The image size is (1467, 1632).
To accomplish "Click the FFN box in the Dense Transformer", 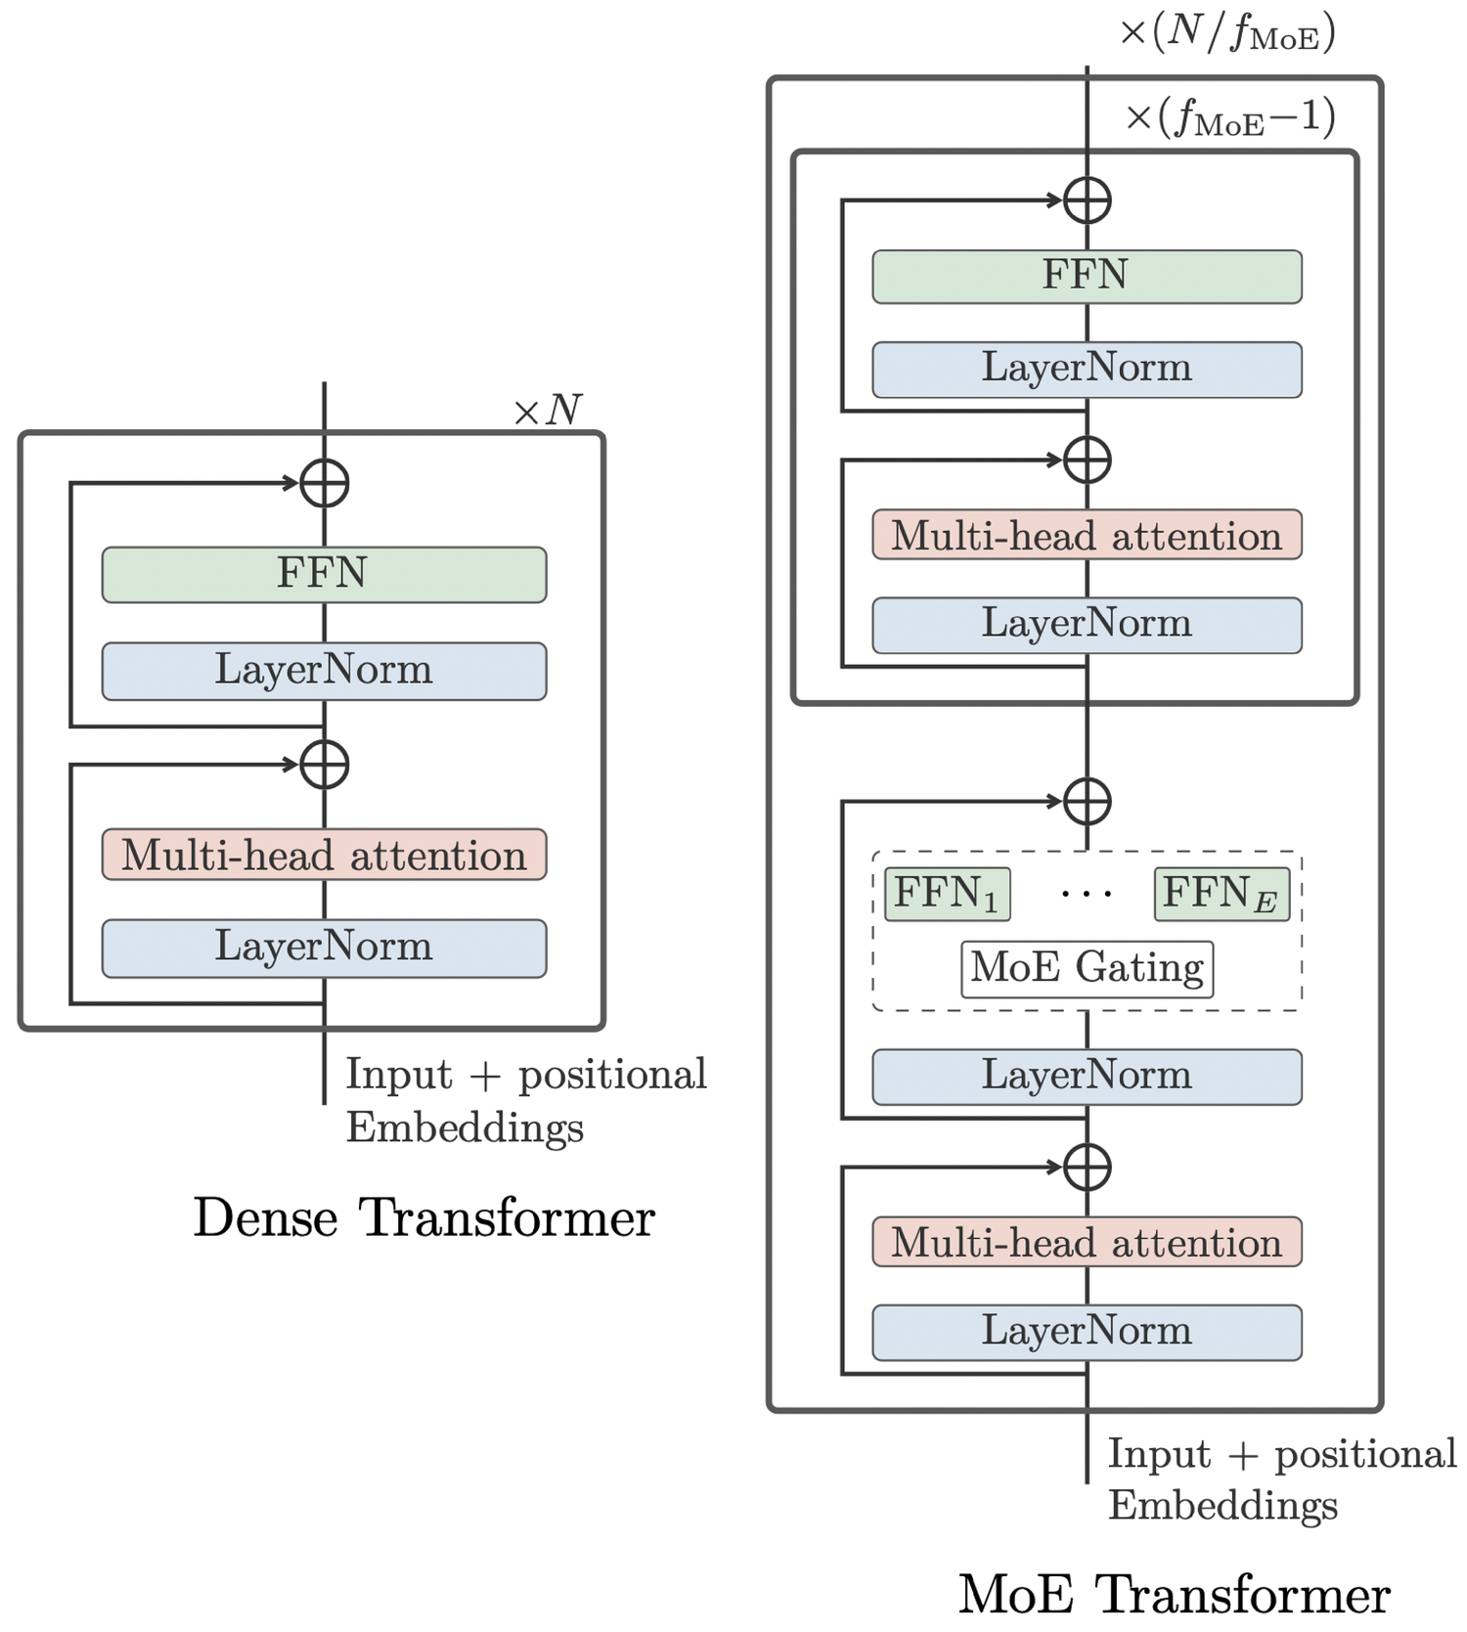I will click(324, 574).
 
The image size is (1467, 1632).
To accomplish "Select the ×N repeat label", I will click(548, 411).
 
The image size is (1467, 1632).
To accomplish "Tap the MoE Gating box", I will click(1087, 968).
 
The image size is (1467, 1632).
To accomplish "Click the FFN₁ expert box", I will click(947, 894).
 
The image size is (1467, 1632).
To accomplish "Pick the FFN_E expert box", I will click(1221, 894).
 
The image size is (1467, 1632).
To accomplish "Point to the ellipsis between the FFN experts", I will click(1086, 894).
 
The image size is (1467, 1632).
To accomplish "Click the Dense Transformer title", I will click(423, 1217).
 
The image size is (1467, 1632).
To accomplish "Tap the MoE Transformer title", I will click(1174, 1594).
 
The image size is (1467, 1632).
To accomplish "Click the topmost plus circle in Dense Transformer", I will click(325, 483).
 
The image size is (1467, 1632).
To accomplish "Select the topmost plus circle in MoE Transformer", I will click(1087, 201).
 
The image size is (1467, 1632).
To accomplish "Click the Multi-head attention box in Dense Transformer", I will click(324, 855).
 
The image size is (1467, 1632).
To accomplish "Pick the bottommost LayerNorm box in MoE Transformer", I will click(1087, 1332).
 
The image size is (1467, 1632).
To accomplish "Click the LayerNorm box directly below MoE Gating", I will click(1087, 1077).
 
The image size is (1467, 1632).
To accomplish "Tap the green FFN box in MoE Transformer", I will click(1087, 276).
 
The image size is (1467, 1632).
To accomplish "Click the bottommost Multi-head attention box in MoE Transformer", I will click(1087, 1242).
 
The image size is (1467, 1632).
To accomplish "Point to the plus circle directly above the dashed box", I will click(1087, 802).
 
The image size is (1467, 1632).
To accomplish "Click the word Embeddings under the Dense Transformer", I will click(465, 1127).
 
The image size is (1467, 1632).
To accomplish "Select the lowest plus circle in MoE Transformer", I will click(1087, 1167).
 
